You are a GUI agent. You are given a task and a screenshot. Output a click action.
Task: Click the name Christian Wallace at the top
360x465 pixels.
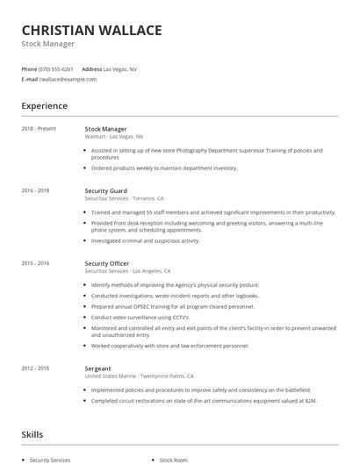click(91, 30)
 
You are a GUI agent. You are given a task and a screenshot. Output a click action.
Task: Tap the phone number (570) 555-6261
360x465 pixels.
click(57, 68)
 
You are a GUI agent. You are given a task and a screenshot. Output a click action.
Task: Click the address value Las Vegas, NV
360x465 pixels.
click(119, 68)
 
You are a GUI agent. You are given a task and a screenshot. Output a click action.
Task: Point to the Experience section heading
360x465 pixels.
click(45, 106)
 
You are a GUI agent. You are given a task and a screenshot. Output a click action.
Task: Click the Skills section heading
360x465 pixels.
click(32, 434)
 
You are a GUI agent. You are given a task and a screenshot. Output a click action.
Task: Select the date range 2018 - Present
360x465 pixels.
click(39, 129)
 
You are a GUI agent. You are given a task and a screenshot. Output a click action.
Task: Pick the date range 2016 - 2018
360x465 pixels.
click(35, 190)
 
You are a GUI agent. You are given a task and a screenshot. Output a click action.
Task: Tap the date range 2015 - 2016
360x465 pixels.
click(35, 263)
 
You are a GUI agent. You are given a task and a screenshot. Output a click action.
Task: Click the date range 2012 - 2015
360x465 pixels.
click(35, 368)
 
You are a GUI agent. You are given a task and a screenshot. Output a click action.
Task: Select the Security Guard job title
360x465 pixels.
click(105, 190)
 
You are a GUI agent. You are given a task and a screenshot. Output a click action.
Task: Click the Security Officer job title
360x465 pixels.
click(107, 263)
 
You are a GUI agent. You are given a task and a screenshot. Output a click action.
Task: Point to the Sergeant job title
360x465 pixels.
click(97, 368)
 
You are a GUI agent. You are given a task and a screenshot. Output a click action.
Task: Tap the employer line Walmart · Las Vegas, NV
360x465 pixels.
click(114, 137)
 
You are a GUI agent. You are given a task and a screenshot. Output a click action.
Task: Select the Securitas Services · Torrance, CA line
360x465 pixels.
click(124, 198)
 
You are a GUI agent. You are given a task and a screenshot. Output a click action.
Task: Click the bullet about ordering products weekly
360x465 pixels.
click(164, 168)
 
